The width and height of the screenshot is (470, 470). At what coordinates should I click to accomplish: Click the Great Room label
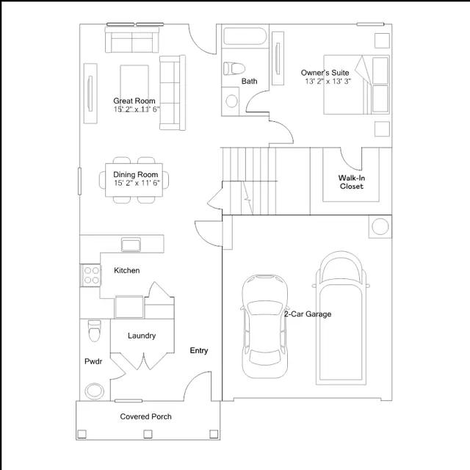pyautogui.click(x=134, y=101)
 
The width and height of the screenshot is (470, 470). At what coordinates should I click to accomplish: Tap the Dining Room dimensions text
pyautogui.click(x=137, y=183)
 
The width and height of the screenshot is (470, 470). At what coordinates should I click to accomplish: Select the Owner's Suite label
pyautogui.click(x=325, y=73)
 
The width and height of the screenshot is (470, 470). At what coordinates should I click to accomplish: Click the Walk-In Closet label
pyautogui.click(x=352, y=182)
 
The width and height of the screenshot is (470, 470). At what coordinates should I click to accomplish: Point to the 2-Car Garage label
pyautogui.click(x=308, y=314)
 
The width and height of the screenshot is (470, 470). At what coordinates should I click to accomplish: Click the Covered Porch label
pyautogui.click(x=145, y=416)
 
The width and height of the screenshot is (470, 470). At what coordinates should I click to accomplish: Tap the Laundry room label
pyautogui.click(x=142, y=336)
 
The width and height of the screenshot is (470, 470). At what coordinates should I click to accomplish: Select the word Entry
pyautogui.click(x=199, y=350)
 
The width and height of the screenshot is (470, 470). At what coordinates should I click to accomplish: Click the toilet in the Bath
pyautogui.click(x=234, y=68)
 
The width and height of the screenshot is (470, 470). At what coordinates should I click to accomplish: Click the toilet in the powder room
pyautogui.click(x=95, y=331)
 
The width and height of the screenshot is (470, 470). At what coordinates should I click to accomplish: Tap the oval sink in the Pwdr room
pyautogui.click(x=95, y=391)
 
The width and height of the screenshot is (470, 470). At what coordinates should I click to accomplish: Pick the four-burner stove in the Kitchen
pyautogui.click(x=91, y=275)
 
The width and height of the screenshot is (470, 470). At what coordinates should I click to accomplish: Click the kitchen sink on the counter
pyautogui.click(x=131, y=245)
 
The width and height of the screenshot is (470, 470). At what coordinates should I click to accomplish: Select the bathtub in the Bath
pyautogui.click(x=245, y=36)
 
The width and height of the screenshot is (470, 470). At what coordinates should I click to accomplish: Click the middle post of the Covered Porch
pyautogui.click(x=148, y=434)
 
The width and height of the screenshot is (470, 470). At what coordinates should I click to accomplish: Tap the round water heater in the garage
pyautogui.click(x=380, y=227)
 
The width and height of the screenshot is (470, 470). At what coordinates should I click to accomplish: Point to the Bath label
pyautogui.click(x=250, y=81)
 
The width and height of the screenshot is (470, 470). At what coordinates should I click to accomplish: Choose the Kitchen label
pyautogui.click(x=127, y=270)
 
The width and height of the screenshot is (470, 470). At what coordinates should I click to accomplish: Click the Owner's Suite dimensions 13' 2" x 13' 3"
pyautogui.click(x=328, y=82)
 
